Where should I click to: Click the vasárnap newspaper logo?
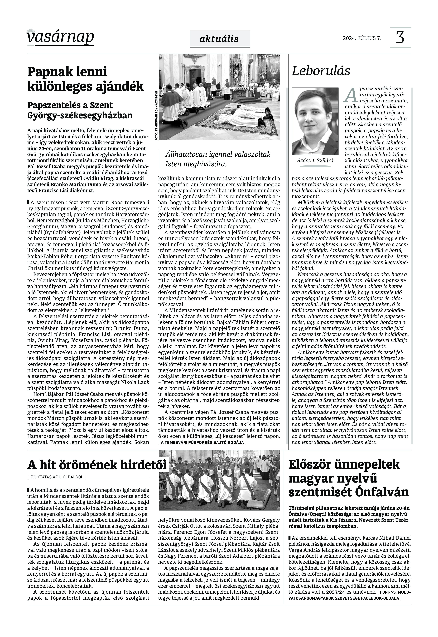tap(60, 37)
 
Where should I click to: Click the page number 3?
tap(400, 38)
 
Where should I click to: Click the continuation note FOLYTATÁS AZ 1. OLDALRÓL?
tap(57, 477)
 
